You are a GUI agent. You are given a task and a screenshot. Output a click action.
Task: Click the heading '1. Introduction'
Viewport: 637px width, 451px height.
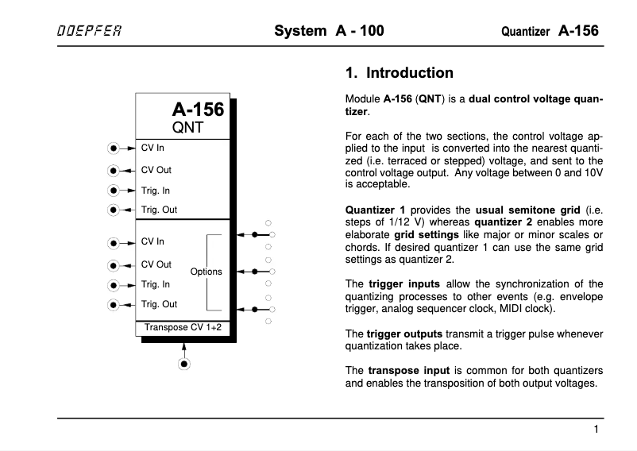pos(399,73)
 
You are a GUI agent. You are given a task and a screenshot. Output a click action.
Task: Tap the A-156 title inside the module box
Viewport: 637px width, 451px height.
pos(198,110)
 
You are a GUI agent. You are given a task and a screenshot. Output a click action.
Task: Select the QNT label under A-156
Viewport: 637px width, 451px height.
pos(189,127)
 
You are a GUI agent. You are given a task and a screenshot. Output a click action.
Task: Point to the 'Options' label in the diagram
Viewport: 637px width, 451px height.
pos(207,272)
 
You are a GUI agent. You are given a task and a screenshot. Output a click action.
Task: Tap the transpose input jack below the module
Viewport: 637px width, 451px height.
pos(184,364)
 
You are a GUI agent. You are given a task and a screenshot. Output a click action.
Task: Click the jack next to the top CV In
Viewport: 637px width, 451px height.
pos(115,148)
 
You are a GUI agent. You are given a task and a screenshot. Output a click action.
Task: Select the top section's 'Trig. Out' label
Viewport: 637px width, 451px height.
pos(159,210)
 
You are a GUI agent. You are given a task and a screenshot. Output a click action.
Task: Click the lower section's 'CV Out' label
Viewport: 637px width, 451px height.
pos(156,264)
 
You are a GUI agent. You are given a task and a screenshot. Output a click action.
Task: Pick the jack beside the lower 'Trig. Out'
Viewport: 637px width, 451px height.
pos(115,304)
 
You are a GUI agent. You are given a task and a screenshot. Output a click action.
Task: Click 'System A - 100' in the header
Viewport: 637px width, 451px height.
pos(328,32)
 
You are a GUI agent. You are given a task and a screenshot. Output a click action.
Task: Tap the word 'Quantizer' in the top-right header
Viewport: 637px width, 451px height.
pos(526,33)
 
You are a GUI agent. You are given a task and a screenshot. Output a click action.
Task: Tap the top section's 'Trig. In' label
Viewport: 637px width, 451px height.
pos(156,191)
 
